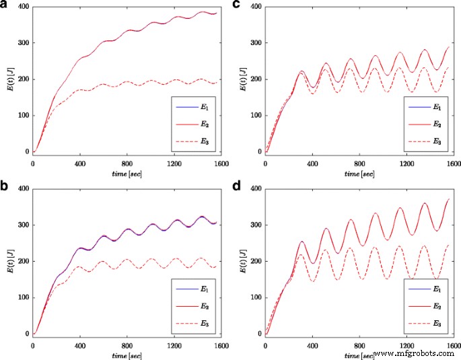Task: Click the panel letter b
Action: (x=6, y=187)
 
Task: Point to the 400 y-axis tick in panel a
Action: (x=23, y=7)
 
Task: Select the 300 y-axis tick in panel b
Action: (x=23, y=225)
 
